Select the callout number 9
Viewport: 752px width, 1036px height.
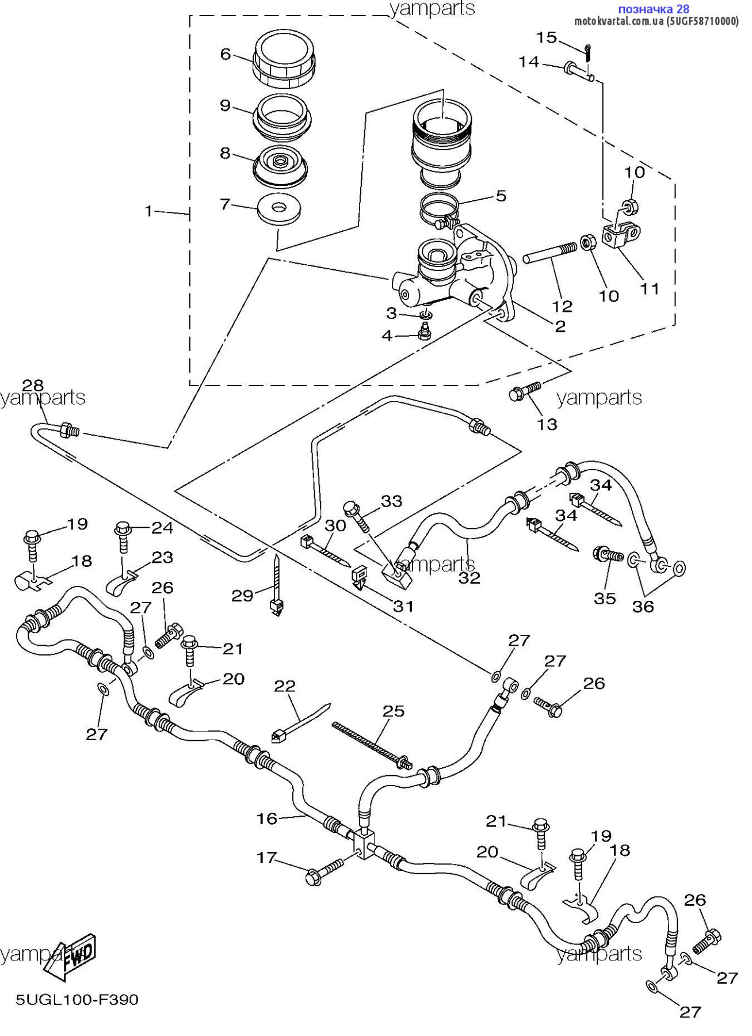[225, 105]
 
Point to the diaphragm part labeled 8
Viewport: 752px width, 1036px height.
[281, 166]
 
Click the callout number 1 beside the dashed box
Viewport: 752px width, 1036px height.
[148, 211]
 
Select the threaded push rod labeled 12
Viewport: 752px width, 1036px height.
[549, 254]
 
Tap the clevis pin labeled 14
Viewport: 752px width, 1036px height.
[578, 70]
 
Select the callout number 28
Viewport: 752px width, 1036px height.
[33, 384]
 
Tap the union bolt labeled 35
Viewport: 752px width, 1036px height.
[608, 555]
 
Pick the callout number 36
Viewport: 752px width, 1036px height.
[643, 606]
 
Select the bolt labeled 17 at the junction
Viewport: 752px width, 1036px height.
[325, 874]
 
